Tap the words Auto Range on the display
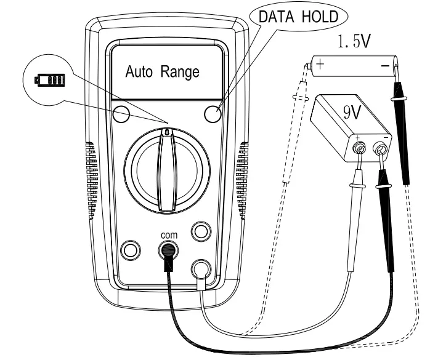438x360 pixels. (x=163, y=73)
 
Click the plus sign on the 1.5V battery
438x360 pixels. (x=320, y=63)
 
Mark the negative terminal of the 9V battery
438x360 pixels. (x=380, y=148)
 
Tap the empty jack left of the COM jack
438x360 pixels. (x=131, y=249)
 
